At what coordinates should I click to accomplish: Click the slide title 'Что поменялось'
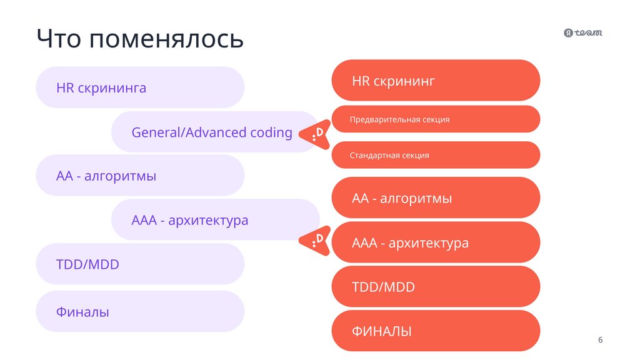click(x=139, y=39)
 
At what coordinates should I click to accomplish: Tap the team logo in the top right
click(x=583, y=33)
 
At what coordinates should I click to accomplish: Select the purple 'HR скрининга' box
click(x=140, y=87)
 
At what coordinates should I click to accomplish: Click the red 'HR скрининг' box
click(x=436, y=81)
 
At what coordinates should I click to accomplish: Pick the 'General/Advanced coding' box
click(x=212, y=132)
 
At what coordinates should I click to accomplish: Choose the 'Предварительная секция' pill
click(x=436, y=119)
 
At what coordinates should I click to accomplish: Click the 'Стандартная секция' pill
click(x=436, y=155)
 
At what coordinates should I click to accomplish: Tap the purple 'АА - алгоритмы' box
click(x=140, y=176)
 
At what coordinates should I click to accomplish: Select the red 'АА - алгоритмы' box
click(x=436, y=198)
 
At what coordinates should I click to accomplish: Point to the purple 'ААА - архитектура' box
click(x=212, y=220)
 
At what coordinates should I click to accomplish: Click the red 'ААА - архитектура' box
click(x=436, y=242)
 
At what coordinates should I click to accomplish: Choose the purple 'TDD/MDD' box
click(x=140, y=264)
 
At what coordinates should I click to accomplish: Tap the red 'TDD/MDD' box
click(x=436, y=287)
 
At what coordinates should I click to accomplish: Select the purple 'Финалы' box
click(x=140, y=311)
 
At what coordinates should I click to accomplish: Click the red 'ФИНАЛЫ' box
click(x=436, y=331)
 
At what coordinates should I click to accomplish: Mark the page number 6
click(x=601, y=340)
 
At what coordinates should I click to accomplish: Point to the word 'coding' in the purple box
click(x=271, y=132)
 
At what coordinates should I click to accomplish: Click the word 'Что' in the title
click(x=58, y=39)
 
